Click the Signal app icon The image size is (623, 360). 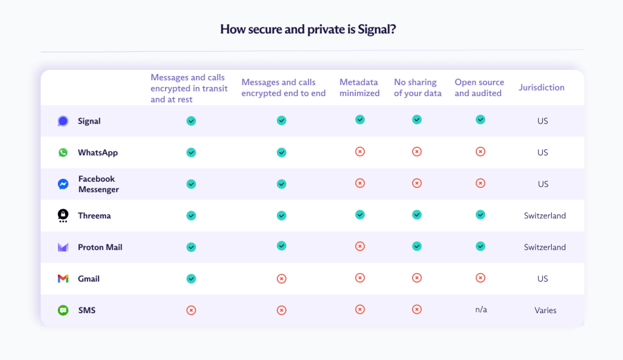point(63,121)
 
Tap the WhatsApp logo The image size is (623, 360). point(63,153)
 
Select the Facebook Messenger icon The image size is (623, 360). point(63,184)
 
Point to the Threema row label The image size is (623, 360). point(94,216)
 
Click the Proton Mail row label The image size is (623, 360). point(100,247)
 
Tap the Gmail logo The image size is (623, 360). point(63,279)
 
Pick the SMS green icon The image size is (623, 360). point(63,310)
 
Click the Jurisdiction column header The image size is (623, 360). point(541,88)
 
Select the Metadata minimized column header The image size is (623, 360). point(360,88)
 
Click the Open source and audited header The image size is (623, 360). point(479,88)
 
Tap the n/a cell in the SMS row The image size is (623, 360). point(481,310)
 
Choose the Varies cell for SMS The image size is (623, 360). point(545,310)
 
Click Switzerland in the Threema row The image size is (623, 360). point(545,216)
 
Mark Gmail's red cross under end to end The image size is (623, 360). point(281,279)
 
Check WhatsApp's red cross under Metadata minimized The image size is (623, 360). point(360,151)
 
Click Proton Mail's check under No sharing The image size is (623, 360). point(417,246)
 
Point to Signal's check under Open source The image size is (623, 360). point(480,120)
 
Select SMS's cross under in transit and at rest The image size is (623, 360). point(191,310)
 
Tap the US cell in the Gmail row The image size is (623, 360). point(543,279)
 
